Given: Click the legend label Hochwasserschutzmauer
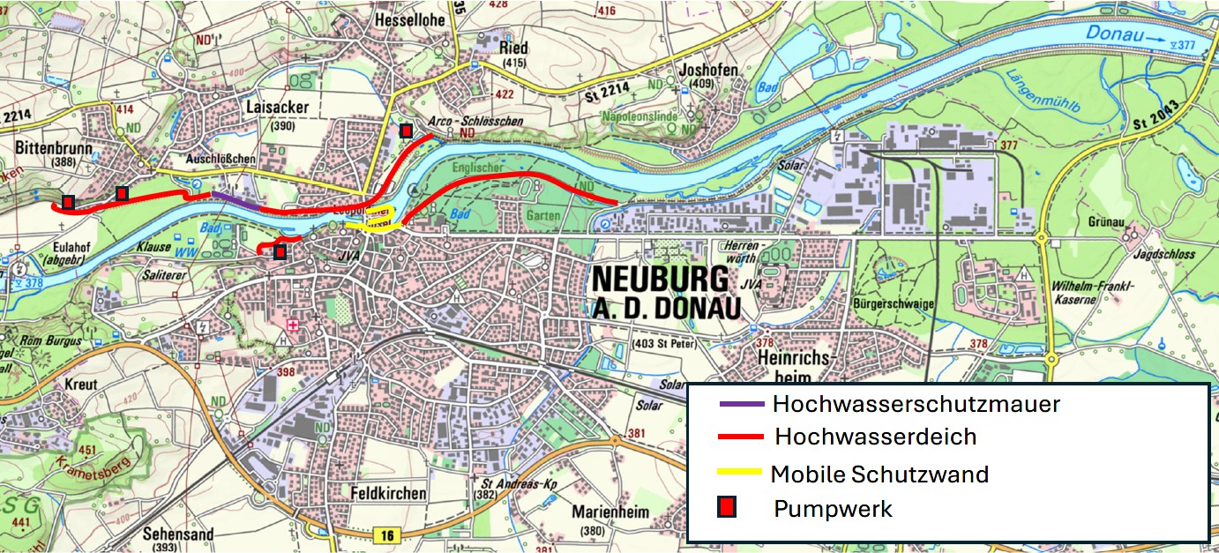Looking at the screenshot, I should coord(916,405).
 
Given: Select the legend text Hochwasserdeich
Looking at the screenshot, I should coord(875,437).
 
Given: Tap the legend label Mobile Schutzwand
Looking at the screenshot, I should coord(879,475).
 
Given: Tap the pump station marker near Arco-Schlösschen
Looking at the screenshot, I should coord(406,131).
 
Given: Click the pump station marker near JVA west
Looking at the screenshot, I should coord(280,252).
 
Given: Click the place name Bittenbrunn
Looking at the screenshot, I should coord(54,147).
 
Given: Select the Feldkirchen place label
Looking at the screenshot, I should coord(388,492).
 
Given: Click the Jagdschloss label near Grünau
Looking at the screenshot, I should coord(1166,254).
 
